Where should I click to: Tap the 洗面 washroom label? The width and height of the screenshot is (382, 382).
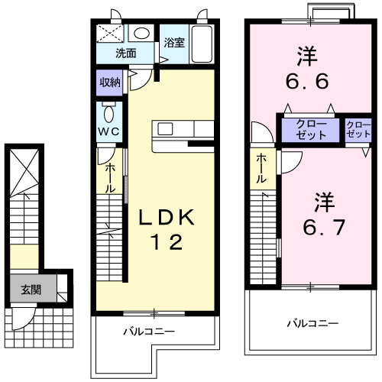click(x=125, y=53)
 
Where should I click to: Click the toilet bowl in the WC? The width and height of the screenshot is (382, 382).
click(x=110, y=115)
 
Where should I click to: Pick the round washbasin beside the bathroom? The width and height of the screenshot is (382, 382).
click(x=141, y=34)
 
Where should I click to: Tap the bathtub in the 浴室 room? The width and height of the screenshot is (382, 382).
click(x=202, y=44)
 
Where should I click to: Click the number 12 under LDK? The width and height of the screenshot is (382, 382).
click(x=166, y=244)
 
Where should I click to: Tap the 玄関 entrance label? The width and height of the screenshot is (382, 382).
click(x=31, y=290)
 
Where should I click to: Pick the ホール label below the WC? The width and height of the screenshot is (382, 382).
click(x=111, y=177)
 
